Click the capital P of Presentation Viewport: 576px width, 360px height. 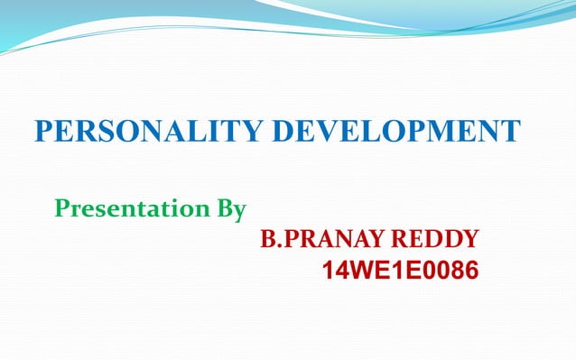tap(62, 210)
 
